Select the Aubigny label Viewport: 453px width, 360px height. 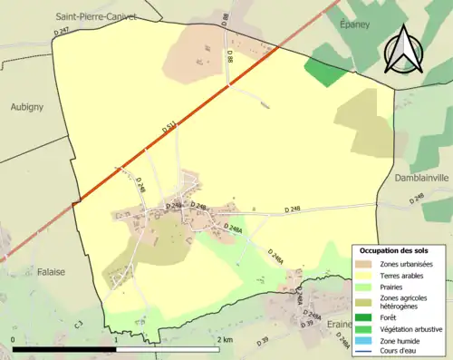coord(27,106)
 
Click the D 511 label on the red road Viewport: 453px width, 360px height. coord(169,129)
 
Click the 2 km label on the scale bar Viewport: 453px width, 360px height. coord(225,339)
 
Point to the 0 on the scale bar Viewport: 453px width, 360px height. coord(13,339)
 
